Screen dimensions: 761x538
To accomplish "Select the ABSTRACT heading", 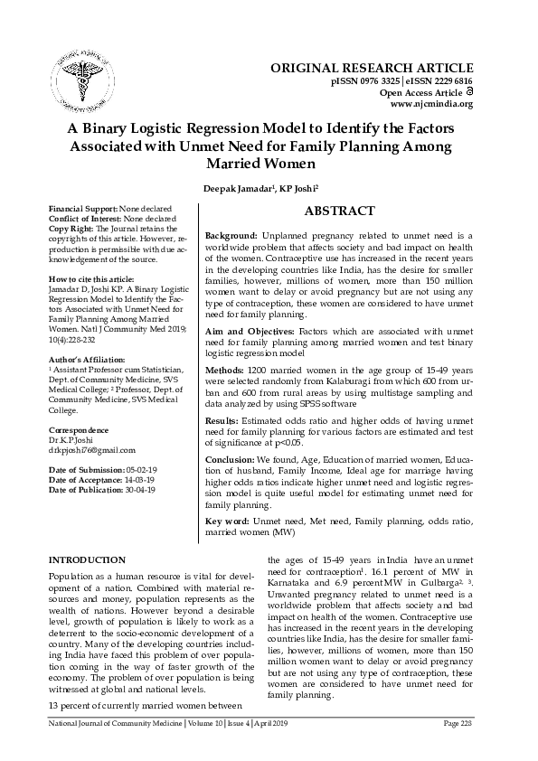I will [339, 211].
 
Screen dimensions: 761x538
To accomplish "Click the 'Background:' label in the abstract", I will [232, 234].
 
